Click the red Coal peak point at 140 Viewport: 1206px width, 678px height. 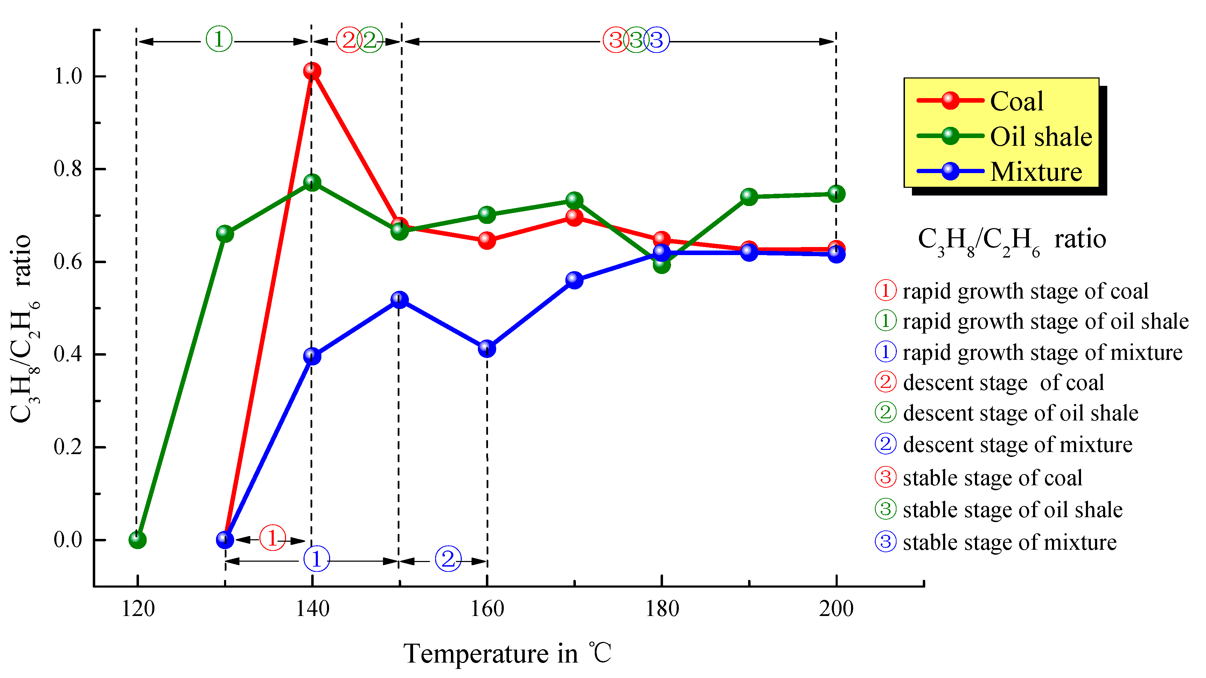[312, 71]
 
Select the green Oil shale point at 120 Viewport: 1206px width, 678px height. [137, 540]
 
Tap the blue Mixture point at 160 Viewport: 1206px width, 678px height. [487, 348]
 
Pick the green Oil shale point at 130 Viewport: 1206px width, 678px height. [225, 233]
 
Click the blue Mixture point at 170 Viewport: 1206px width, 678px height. [574, 280]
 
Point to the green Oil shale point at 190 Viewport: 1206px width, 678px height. [749, 196]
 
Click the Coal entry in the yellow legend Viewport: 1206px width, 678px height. [1016, 101]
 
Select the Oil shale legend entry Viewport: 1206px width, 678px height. [1040, 136]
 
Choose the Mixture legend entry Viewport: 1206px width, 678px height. [1036, 171]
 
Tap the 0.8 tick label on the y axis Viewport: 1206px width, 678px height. [68, 169]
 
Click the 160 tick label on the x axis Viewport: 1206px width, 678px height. [487, 609]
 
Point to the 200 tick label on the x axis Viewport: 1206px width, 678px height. [836, 609]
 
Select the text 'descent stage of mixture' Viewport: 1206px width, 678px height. [1017, 444]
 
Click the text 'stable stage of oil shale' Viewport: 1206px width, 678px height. [1012, 509]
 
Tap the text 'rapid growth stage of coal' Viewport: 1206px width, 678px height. [1025, 291]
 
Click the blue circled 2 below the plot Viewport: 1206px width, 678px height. [448, 559]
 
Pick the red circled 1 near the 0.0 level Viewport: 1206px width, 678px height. [272, 537]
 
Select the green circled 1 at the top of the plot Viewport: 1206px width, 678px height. [219, 39]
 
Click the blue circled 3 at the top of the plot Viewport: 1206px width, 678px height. [656, 40]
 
